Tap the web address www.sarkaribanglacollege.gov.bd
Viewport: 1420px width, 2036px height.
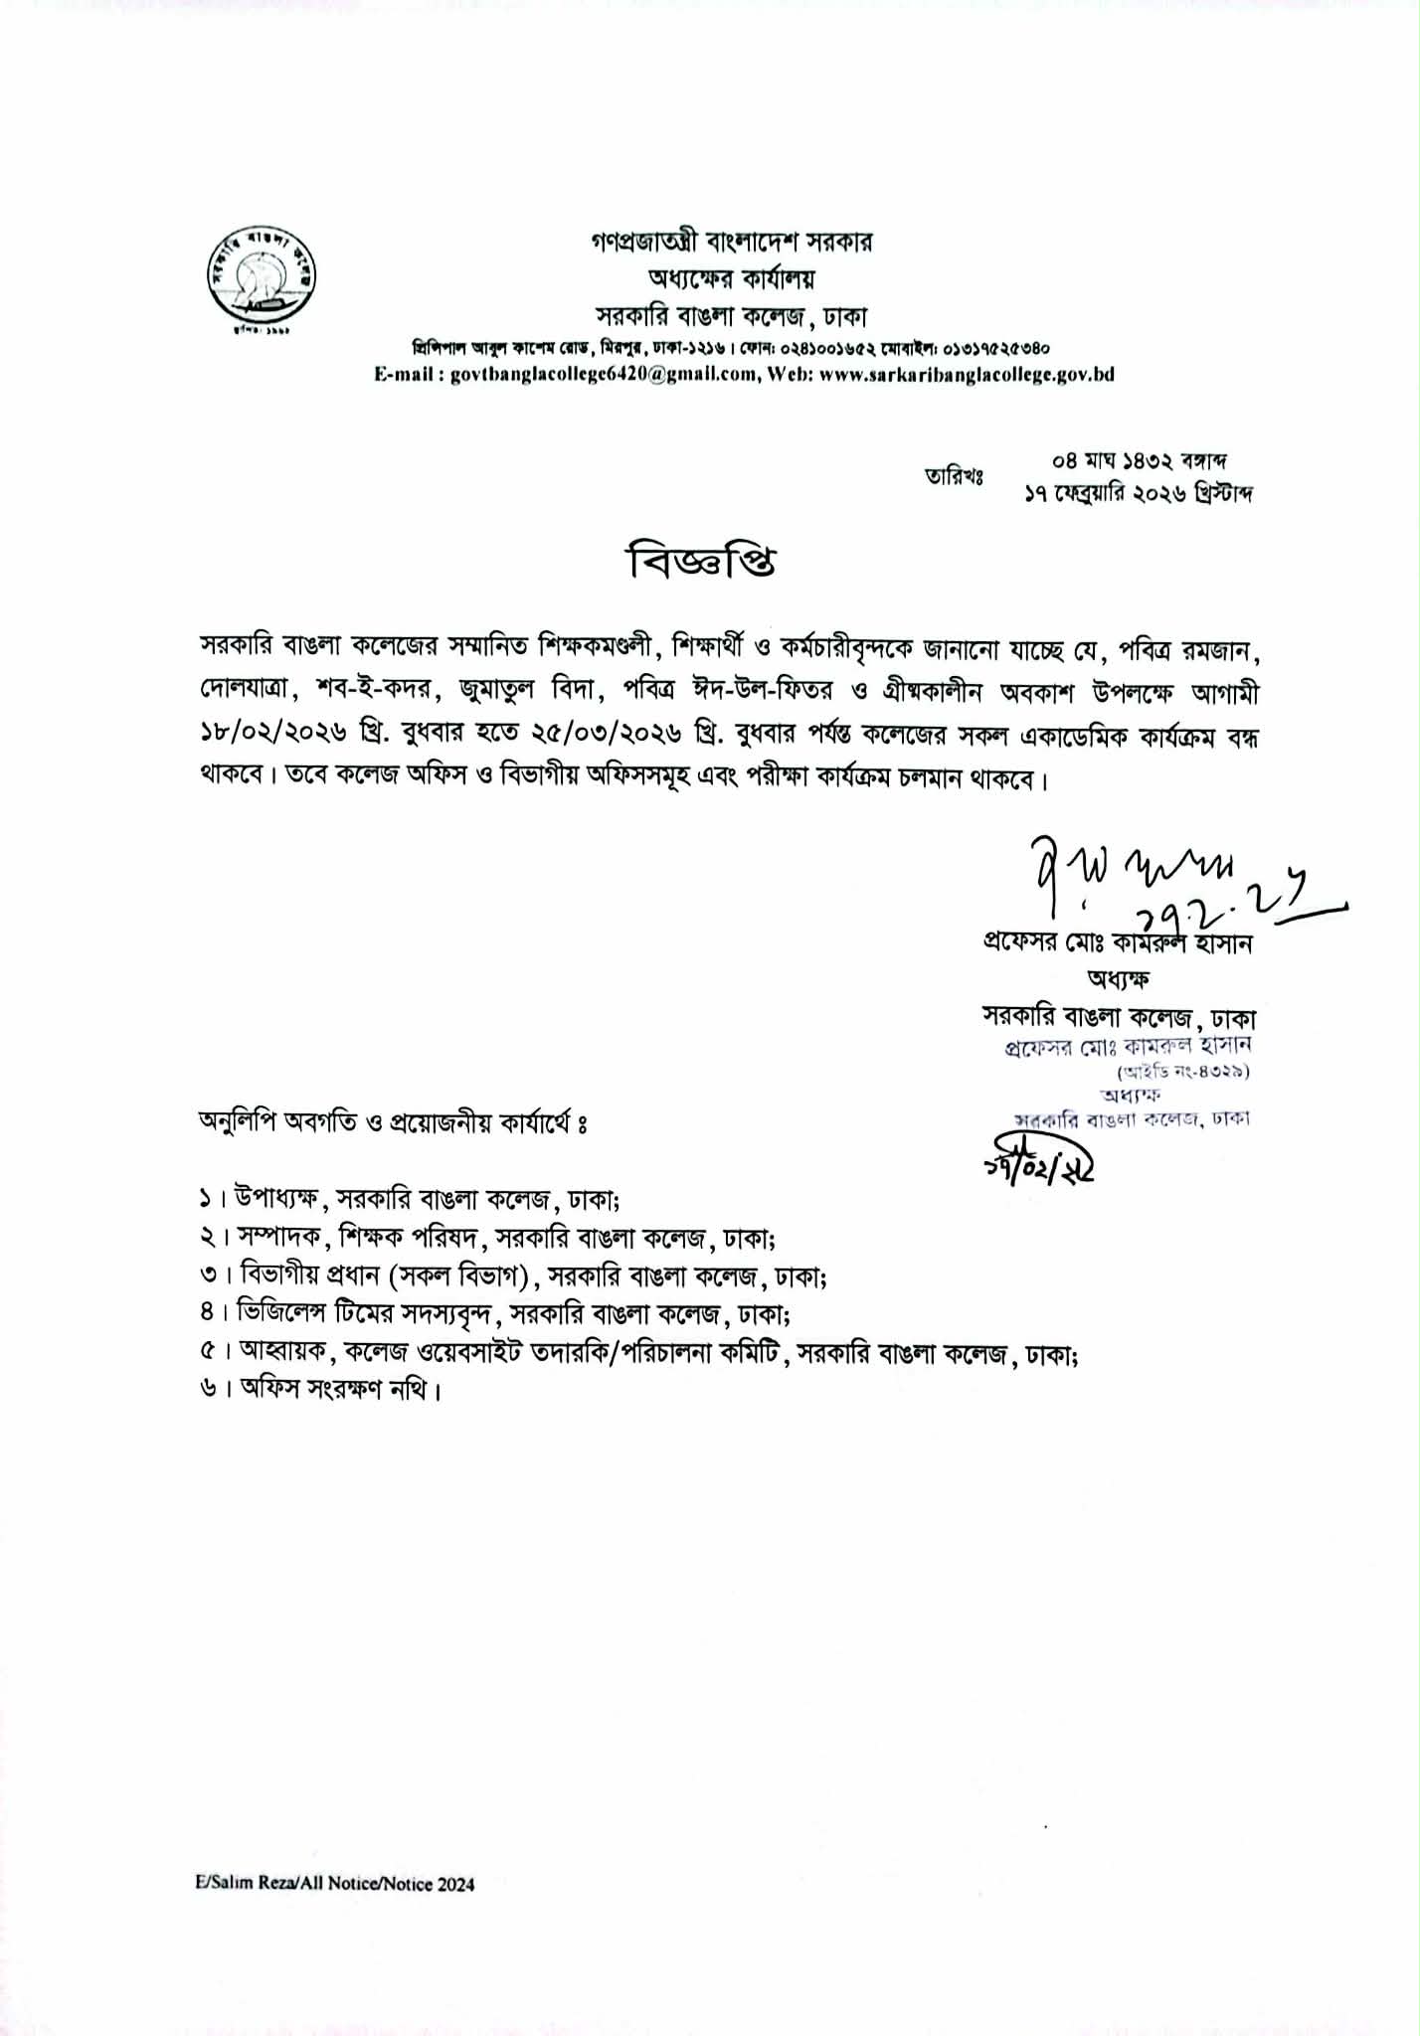click(x=967, y=375)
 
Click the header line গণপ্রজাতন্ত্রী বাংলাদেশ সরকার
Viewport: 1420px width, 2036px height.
click(x=731, y=242)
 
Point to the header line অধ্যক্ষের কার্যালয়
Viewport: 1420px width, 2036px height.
click(x=731, y=279)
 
